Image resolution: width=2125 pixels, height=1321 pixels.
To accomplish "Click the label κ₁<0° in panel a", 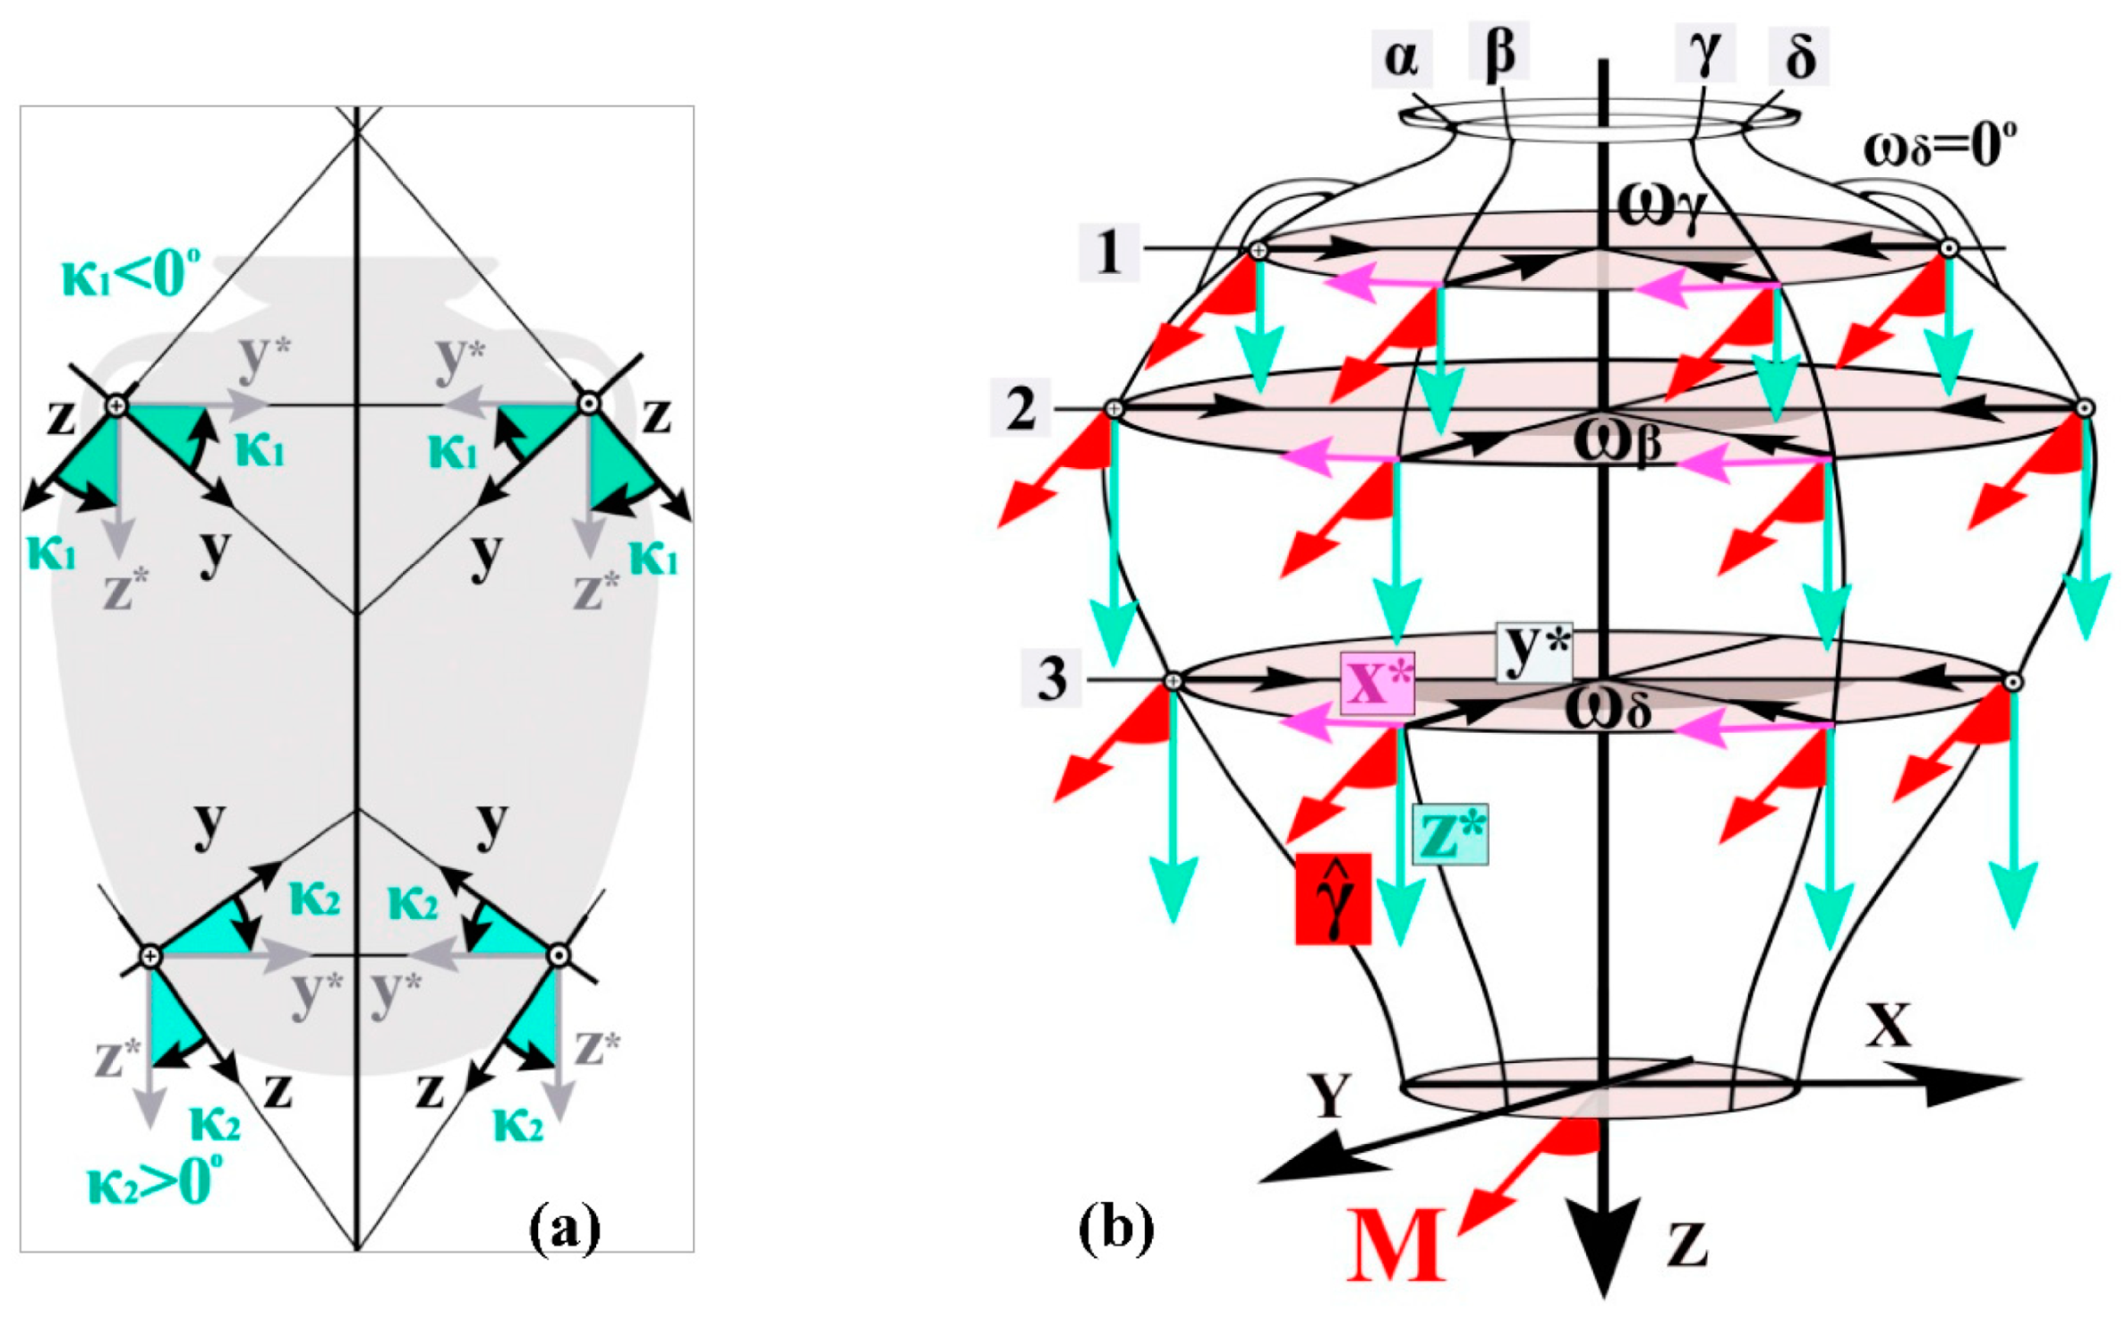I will click(131, 274).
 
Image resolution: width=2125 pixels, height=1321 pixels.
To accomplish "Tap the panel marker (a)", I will click(565, 1230).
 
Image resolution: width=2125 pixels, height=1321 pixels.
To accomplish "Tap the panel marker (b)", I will click(1116, 1230).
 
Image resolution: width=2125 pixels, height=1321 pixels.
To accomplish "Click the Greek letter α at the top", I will click(1402, 58).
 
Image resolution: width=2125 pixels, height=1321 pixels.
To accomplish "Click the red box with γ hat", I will click(1333, 899).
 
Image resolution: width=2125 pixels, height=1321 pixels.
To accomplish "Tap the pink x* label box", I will click(1377, 683).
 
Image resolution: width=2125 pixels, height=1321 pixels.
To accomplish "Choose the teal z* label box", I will click(1450, 834).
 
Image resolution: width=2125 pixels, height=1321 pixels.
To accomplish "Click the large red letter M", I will click(1396, 1246).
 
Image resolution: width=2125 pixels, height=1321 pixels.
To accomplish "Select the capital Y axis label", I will click(1330, 1095).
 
